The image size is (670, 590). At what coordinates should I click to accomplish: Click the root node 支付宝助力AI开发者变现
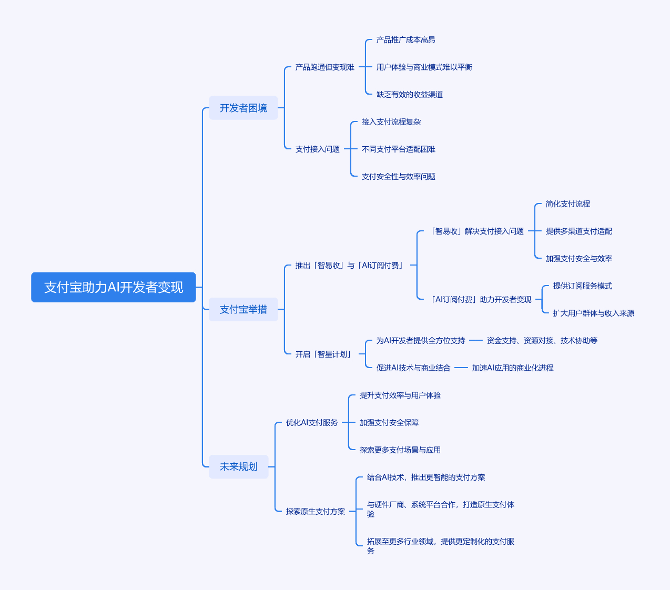pyautogui.click(x=114, y=287)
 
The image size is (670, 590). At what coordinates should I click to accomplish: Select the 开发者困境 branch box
pyautogui.click(x=243, y=108)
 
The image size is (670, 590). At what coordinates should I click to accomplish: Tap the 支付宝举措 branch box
pyautogui.click(x=243, y=309)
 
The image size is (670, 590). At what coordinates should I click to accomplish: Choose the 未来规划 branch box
pyautogui.click(x=238, y=466)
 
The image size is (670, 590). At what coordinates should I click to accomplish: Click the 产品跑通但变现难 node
pyautogui.click(x=324, y=67)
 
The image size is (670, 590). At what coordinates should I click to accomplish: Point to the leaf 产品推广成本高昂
pyautogui.click(x=405, y=40)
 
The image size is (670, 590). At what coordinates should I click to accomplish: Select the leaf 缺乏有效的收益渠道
pyautogui.click(x=409, y=95)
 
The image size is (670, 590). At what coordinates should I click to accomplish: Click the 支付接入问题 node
pyautogui.click(x=317, y=149)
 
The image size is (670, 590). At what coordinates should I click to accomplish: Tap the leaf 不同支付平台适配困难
pyautogui.click(x=398, y=149)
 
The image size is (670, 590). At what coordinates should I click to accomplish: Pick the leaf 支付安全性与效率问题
pyautogui.click(x=398, y=177)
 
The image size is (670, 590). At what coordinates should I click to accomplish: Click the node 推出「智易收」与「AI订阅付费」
pyautogui.click(x=350, y=266)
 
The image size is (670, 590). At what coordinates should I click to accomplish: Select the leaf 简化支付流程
pyautogui.click(x=567, y=204)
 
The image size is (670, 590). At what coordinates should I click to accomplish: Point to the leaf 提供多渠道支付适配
pyautogui.click(x=578, y=231)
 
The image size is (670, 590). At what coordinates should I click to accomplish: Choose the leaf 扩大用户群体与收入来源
pyautogui.click(x=593, y=313)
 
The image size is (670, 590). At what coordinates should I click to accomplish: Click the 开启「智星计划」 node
pyautogui.click(x=324, y=354)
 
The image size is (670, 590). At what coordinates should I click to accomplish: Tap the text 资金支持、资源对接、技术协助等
pyautogui.click(x=542, y=341)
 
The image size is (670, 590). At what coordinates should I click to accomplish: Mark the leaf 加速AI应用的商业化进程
pyautogui.click(x=512, y=368)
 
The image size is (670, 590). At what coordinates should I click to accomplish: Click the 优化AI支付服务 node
pyautogui.click(x=312, y=423)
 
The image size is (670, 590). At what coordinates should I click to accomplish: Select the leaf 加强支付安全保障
pyautogui.click(x=389, y=423)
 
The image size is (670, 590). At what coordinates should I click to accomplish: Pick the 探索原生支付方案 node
pyautogui.click(x=316, y=512)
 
